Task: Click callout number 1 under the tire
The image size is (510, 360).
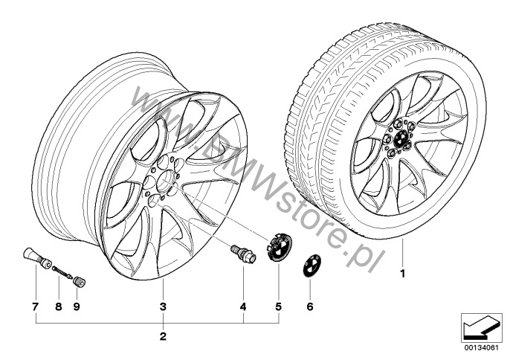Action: pos(403,274)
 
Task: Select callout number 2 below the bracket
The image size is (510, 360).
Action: pos(163,336)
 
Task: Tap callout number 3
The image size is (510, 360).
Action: pos(163,306)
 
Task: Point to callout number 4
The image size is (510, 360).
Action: pos(243,306)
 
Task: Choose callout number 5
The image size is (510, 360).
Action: pos(278,306)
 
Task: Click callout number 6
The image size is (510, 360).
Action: pos(309,306)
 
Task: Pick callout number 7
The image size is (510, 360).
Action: pos(36,306)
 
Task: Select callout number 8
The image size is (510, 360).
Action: pos(59,306)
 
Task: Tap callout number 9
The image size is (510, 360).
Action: pos(77,306)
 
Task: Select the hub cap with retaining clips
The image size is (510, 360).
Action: pos(279,247)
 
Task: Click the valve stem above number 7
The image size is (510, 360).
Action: pos(36,258)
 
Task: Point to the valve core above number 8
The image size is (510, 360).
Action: pos(62,272)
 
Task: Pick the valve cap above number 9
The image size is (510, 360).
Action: pos(80,282)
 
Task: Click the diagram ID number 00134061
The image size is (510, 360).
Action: pos(483,348)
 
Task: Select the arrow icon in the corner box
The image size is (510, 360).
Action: pos(482,328)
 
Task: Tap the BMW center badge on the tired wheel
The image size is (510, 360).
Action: pos(401,139)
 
